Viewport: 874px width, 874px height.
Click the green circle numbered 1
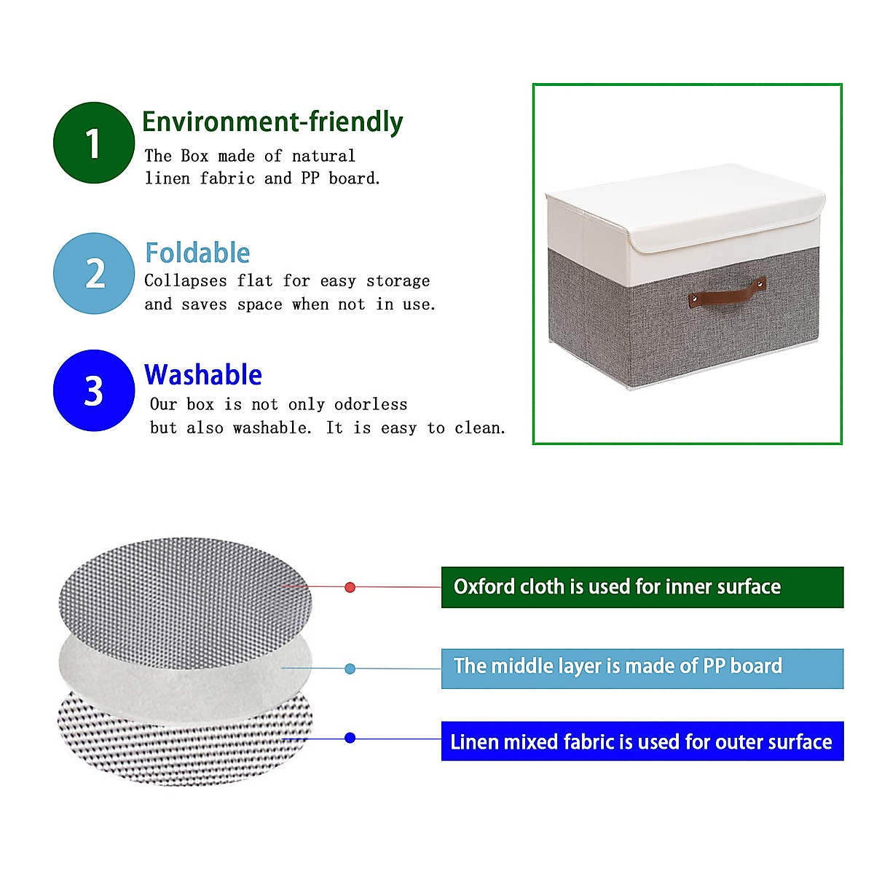tap(94, 143)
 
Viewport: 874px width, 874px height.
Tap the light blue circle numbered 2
tap(94, 274)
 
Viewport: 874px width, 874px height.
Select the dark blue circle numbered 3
tap(94, 390)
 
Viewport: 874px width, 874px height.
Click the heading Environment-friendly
tap(272, 122)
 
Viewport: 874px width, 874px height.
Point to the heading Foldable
tap(197, 253)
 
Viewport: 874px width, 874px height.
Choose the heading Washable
tap(203, 375)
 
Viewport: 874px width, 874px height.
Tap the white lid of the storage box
tap(685, 208)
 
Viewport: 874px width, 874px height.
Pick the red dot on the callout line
tap(350, 587)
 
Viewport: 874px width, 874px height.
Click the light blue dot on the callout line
tap(350, 669)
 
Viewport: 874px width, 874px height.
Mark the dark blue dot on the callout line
tap(350, 738)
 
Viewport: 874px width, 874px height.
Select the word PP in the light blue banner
tap(714, 666)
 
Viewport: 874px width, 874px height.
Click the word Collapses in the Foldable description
tap(186, 281)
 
